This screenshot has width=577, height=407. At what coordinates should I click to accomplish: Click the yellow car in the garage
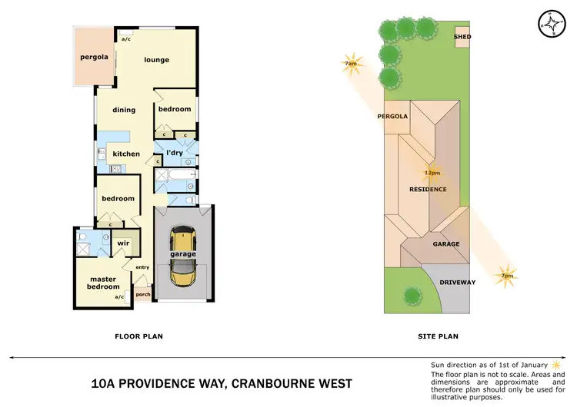[x=183, y=254]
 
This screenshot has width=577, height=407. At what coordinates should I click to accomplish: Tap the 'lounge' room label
[x=156, y=60]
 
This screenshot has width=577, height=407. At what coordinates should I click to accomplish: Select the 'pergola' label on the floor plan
[x=94, y=58]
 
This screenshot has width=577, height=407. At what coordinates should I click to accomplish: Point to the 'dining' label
[x=124, y=110]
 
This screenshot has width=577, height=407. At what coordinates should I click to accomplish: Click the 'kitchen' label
[x=126, y=154]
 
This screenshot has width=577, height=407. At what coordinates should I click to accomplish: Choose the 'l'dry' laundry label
[x=175, y=153]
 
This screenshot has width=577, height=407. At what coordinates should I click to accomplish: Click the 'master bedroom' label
[x=102, y=283]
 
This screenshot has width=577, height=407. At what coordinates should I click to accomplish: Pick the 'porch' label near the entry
[x=142, y=294]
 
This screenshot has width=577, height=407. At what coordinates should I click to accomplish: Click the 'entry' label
[x=142, y=267]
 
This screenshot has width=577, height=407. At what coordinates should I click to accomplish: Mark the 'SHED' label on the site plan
[x=462, y=36]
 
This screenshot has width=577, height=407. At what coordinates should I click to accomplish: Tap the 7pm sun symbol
[x=506, y=274]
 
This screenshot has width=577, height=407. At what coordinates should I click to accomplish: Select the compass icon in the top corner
[x=551, y=23]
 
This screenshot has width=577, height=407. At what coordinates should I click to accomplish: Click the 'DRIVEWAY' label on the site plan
[x=457, y=283]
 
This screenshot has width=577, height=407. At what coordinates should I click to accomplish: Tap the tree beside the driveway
[x=412, y=295]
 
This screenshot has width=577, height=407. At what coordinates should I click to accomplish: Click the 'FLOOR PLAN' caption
[x=138, y=336]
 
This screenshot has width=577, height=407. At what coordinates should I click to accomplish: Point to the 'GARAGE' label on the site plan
[x=445, y=244]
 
